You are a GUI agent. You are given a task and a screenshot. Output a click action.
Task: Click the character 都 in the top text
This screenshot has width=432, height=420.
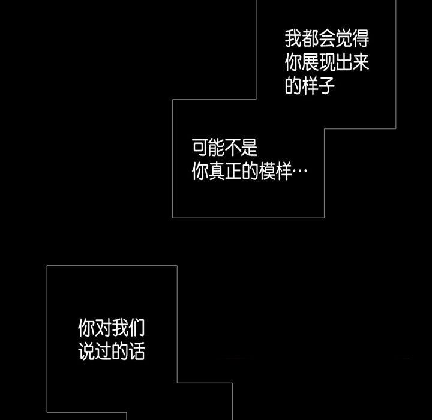click(310, 40)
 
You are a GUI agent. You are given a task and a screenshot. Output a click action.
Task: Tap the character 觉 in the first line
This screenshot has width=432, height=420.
click(343, 40)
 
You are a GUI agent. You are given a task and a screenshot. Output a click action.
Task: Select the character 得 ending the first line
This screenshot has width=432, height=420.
click(360, 40)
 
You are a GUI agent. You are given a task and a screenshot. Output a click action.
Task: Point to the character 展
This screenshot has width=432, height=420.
click(310, 63)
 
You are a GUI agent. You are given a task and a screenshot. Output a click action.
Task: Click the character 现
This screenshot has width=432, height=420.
click(326, 63)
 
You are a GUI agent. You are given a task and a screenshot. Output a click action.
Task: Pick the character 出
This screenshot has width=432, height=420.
click(343, 63)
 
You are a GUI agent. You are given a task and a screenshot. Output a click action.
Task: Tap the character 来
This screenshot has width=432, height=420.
click(360, 63)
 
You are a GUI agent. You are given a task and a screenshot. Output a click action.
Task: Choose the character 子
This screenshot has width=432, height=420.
click(326, 86)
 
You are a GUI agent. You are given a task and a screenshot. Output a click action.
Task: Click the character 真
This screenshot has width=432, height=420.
click(217, 172)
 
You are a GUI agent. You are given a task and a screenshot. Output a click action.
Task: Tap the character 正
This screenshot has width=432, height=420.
click(233, 172)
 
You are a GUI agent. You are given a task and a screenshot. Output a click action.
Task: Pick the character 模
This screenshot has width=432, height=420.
click(267, 172)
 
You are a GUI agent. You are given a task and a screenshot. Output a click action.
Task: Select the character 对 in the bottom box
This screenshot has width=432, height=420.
click(103, 328)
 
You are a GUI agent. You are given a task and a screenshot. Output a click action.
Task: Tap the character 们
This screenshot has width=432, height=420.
click(137, 328)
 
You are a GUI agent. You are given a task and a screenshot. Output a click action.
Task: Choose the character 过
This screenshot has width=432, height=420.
click(103, 352)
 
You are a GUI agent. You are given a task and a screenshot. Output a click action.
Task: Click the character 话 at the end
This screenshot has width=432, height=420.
click(137, 352)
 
